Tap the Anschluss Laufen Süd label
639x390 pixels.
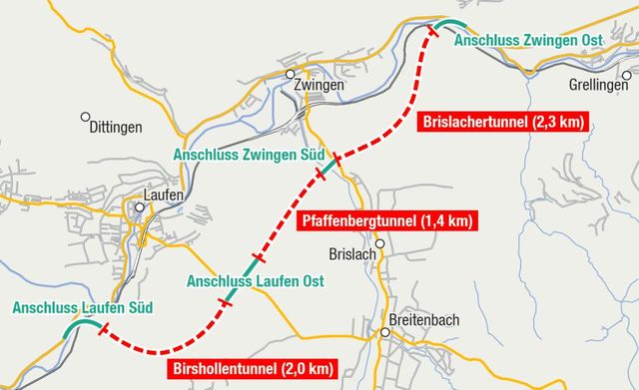point(74,308)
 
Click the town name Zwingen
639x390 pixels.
point(319,86)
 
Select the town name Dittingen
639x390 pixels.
point(116,127)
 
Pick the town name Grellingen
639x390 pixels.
point(600,86)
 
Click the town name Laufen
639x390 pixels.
point(163,195)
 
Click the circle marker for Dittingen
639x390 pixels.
point(86,116)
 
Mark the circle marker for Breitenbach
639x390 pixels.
point(383,333)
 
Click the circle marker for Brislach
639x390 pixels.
point(379,242)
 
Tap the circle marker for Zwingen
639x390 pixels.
point(290,74)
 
